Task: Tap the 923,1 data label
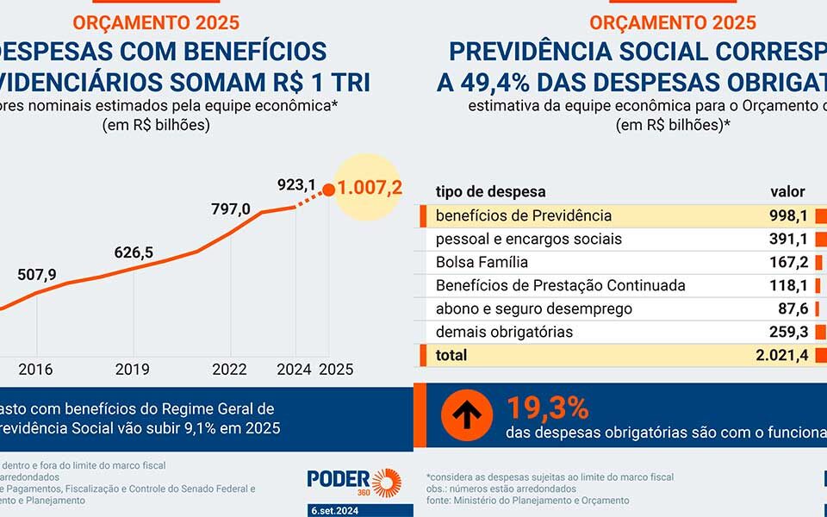coord(297,184)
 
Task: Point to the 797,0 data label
coord(231,209)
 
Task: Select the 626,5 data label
coord(134,252)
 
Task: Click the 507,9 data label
coord(36,275)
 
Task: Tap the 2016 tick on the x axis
coord(36,369)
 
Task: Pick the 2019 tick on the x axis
coord(134,369)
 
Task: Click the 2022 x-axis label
coord(231,369)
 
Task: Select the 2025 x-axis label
coord(336,369)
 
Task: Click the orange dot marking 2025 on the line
coord(328,190)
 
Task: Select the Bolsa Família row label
coord(482,262)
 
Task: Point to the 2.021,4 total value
coord(780,355)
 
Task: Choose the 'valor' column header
coord(787,191)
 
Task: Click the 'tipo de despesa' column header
coord(490,191)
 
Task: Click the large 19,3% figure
coord(547,408)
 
